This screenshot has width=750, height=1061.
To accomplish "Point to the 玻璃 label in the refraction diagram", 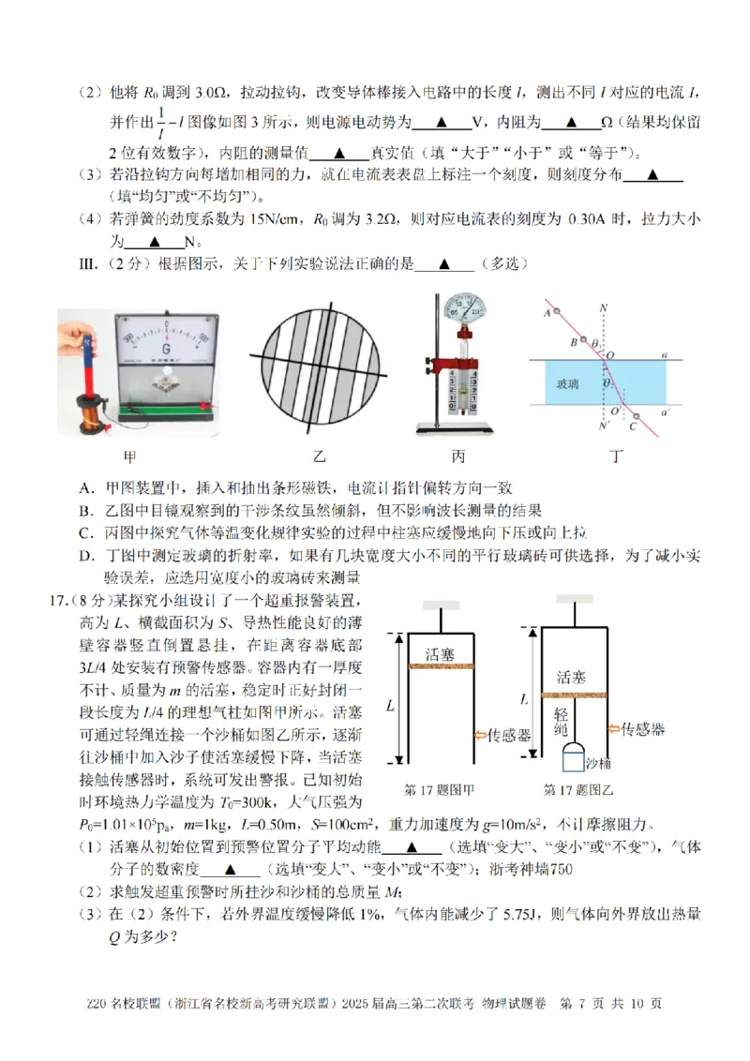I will pyautogui.click(x=567, y=383).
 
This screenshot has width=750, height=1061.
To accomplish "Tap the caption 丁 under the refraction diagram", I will pyautogui.click(x=615, y=456).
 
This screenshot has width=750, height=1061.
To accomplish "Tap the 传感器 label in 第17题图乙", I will pyautogui.click(x=643, y=726).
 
